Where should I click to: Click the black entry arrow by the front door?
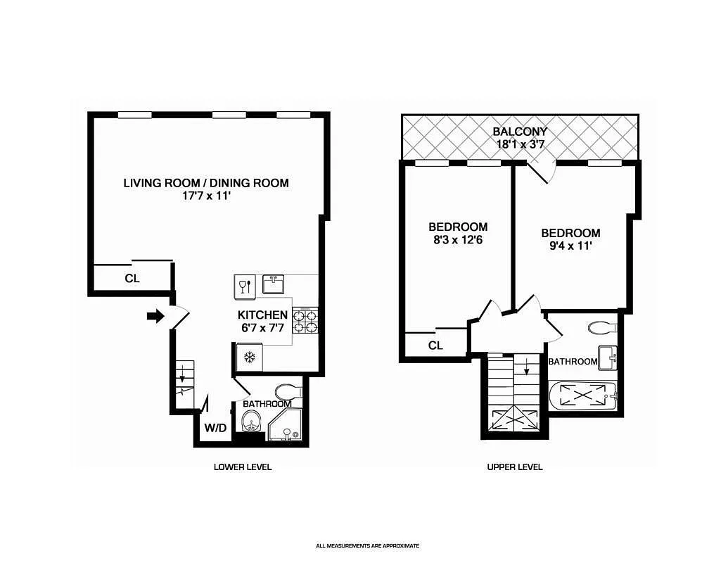154,317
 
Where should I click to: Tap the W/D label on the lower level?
215,428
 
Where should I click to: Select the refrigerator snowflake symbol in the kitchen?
248,358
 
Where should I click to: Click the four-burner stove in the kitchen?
305,321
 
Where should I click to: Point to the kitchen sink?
274,284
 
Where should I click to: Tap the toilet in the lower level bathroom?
288,391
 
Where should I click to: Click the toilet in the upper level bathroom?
602,327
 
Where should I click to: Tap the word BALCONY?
520,132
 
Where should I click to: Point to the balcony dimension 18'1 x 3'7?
520,144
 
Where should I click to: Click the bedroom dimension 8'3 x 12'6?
458,239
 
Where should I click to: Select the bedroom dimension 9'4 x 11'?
570,246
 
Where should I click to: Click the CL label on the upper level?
435,346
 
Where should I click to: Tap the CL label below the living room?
132,278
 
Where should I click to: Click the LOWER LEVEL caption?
242,467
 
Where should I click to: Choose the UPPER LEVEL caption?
515,467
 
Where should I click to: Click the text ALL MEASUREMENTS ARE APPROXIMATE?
367,545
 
